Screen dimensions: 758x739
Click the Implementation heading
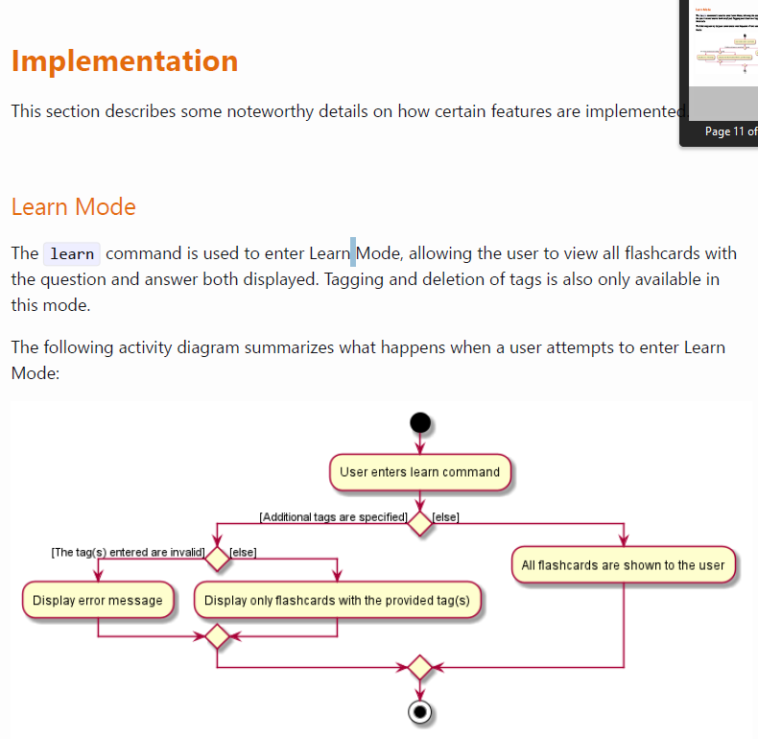[125, 60]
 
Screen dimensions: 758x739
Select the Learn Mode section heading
[74, 207]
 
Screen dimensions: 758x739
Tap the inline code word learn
[72, 254]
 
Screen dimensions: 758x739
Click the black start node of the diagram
[419, 422]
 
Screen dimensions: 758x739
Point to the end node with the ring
[419, 712]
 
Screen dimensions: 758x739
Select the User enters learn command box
[419, 472]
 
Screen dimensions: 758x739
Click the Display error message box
[98, 601]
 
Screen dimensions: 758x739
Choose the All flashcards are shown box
[623, 565]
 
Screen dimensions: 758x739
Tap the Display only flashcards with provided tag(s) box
[337, 601]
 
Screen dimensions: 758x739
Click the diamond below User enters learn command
[419, 523]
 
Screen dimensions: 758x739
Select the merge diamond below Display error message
[218, 635]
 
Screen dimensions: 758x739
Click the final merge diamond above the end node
[419, 666]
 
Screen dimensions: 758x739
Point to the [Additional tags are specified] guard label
[333, 517]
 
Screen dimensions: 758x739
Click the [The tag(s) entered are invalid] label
[128, 552]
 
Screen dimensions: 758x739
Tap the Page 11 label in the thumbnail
[730, 131]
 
